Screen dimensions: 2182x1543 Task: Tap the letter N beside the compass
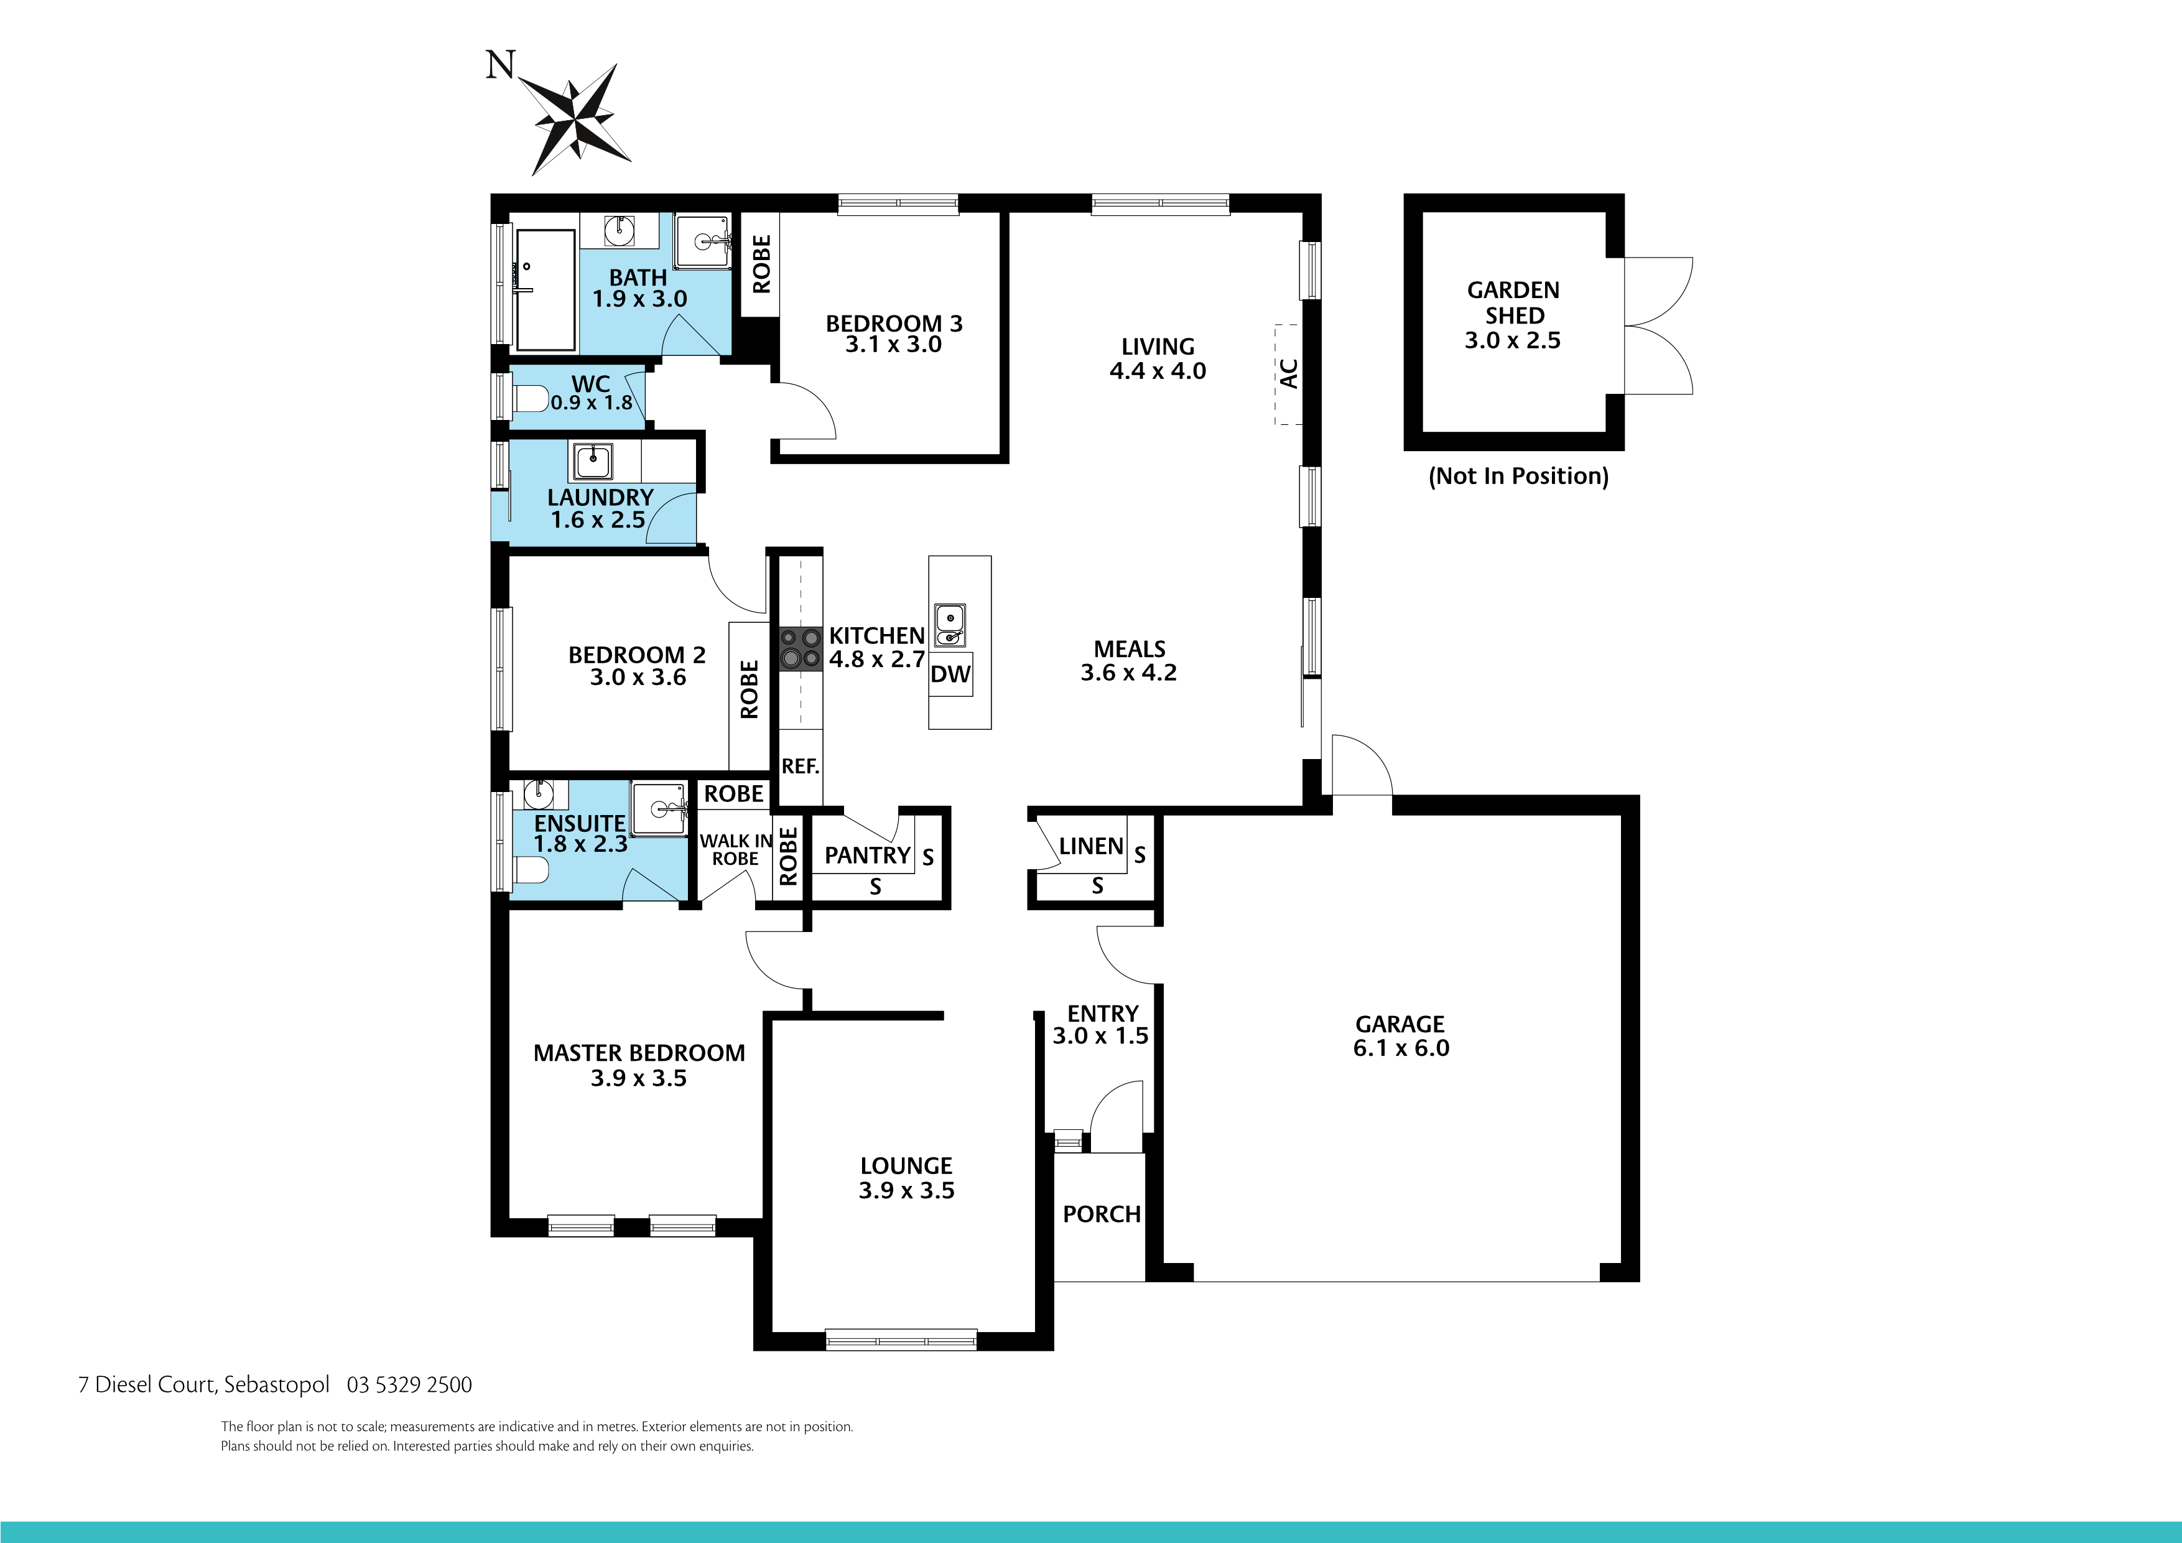coord(500,65)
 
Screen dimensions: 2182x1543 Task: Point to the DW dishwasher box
coord(950,674)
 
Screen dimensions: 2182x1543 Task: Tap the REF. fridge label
coord(800,767)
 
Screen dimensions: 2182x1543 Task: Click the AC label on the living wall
coord(1289,374)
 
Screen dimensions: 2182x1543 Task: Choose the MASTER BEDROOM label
coord(639,1053)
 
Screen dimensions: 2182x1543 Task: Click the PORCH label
coord(1102,1214)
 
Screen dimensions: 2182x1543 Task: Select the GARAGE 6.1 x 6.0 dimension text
coord(1401,1048)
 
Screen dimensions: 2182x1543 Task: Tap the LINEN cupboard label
coord(1091,846)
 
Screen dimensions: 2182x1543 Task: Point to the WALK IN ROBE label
coord(736,849)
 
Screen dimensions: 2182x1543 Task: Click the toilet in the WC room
coord(529,398)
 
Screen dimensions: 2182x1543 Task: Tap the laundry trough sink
coord(592,461)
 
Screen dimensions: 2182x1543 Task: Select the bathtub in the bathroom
coord(544,290)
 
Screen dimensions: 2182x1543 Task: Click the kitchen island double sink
coord(949,625)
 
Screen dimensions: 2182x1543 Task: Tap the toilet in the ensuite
coord(529,870)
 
